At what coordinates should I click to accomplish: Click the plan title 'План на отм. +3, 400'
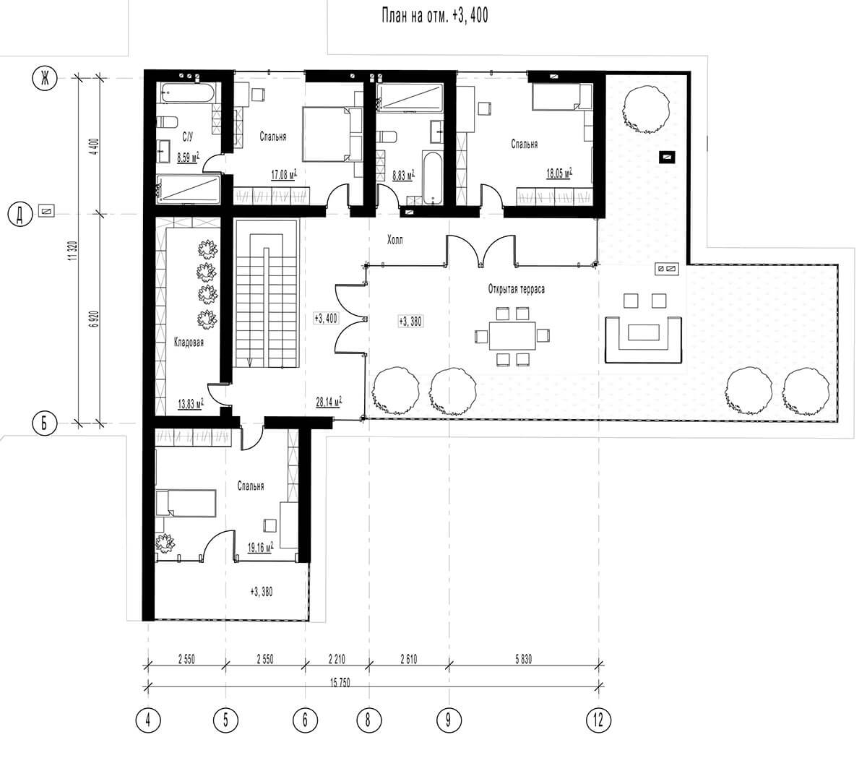[434, 16]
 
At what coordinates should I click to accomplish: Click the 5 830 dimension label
[523, 659]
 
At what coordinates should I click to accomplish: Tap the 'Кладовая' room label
[189, 342]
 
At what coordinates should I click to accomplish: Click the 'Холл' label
[394, 240]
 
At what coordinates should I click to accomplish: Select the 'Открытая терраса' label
[516, 289]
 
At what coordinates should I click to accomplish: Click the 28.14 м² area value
[329, 401]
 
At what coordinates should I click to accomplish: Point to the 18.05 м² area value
[559, 172]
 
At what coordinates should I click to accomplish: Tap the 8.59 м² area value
[188, 158]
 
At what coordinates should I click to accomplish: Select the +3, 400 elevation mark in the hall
[325, 318]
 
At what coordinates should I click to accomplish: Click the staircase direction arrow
[249, 361]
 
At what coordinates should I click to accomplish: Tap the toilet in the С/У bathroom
[166, 122]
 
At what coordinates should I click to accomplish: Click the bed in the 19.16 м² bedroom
[186, 504]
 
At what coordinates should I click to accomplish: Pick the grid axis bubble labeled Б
[45, 423]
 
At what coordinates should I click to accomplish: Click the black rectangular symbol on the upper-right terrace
[667, 158]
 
